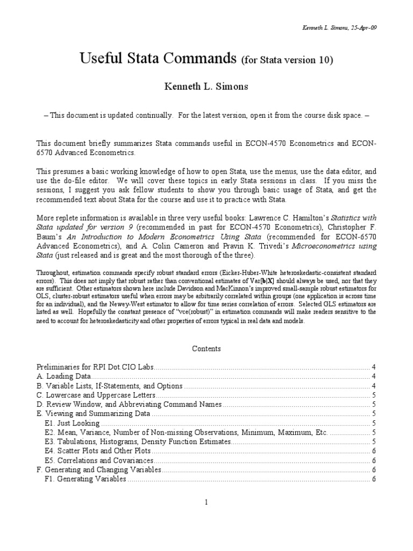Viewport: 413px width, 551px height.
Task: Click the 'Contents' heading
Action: [x=206, y=349]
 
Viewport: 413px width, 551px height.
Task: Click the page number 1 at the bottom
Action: [x=206, y=503]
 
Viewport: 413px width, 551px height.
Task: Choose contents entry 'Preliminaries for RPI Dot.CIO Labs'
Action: [x=95, y=367]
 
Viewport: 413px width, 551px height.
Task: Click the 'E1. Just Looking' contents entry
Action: [x=70, y=423]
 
